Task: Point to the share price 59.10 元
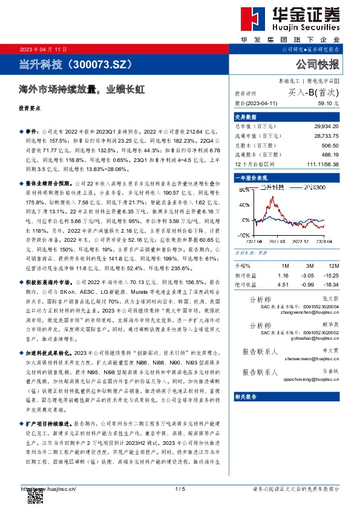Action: tap(326, 104)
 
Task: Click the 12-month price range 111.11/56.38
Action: tap(322, 163)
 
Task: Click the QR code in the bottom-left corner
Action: tap(33, 497)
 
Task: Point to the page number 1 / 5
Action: tap(180, 488)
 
